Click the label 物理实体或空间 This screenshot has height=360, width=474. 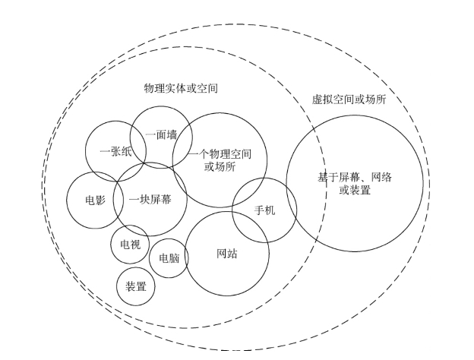pos(181,89)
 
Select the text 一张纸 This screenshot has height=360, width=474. pos(116,151)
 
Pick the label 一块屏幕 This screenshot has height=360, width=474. pos(150,200)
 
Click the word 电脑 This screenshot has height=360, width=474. pos(169,257)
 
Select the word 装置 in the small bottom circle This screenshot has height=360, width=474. pos(136,286)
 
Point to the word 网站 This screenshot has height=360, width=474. pos(227,253)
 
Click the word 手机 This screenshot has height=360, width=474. pos(264,210)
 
